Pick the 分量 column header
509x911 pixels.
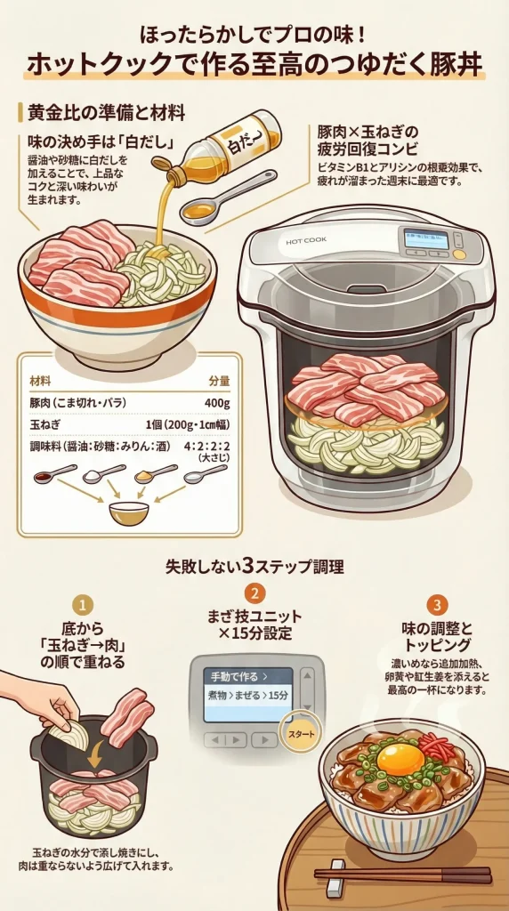click(x=218, y=380)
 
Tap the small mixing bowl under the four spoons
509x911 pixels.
click(x=129, y=512)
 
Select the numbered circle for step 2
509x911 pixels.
click(x=254, y=593)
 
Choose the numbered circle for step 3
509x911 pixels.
click(x=436, y=605)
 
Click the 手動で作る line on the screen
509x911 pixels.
click(x=235, y=674)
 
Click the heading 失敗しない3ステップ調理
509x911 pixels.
click(x=254, y=565)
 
